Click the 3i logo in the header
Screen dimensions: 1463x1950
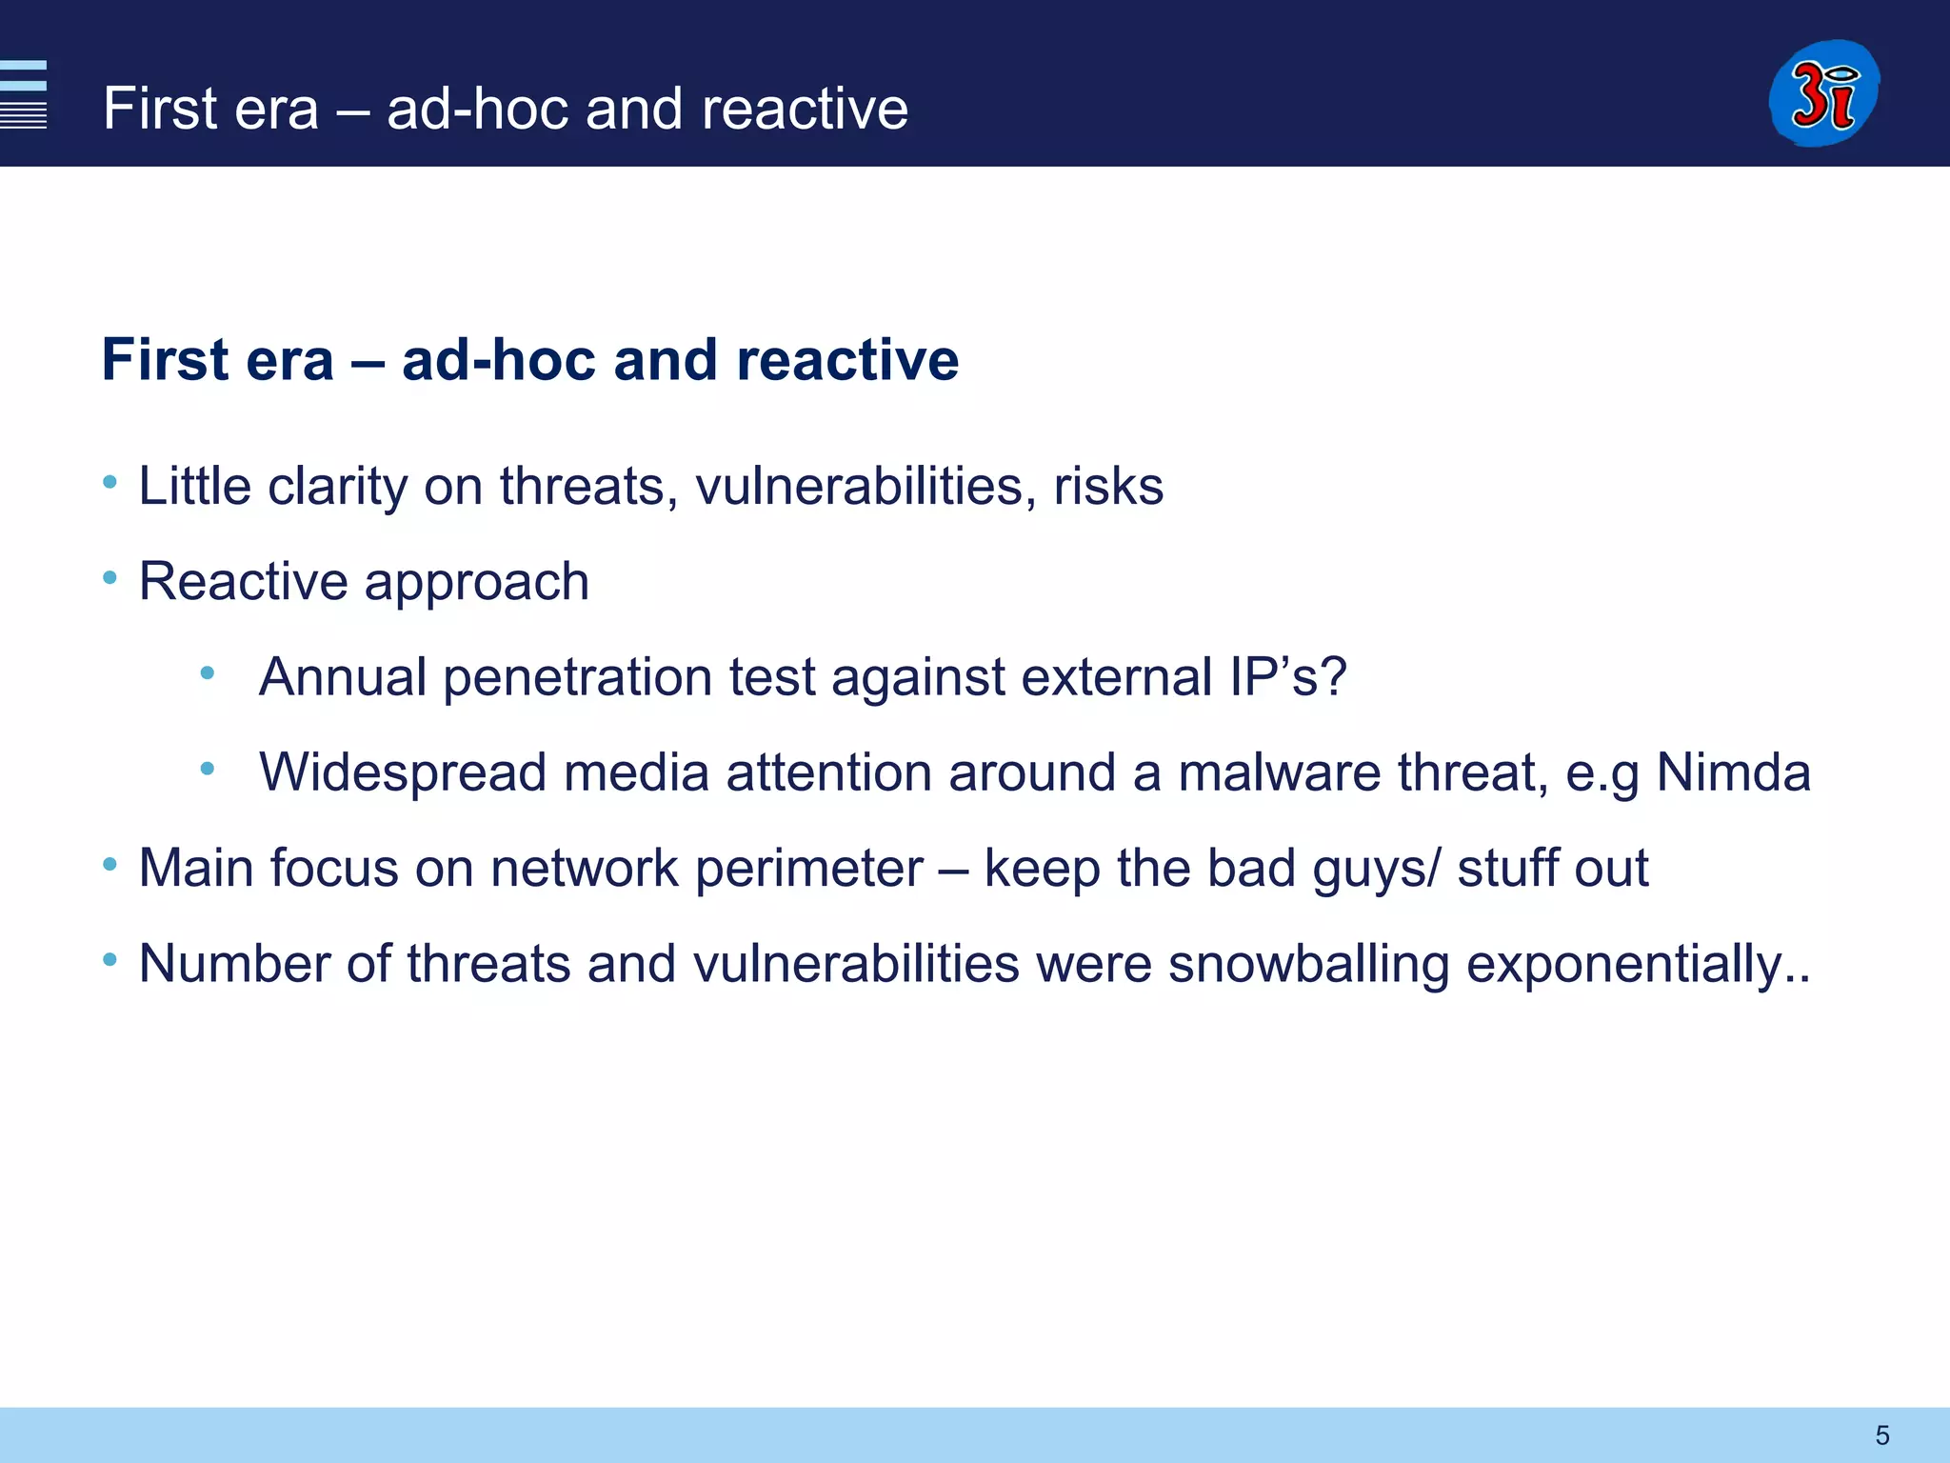[1823, 93]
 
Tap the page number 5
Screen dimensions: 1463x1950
[1881, 1435]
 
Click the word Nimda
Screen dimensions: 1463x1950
[1733, 772]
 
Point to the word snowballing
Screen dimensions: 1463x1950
[1308, 964]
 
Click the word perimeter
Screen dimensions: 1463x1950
[809, 869]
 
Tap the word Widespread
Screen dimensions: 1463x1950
[403, 772]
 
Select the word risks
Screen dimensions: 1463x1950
[1108, 487]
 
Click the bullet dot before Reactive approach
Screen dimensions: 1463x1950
[110, 578]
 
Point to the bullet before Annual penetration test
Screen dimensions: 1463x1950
[208, 673]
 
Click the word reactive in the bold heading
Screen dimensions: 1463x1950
[847, 360]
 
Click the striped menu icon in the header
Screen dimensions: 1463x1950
[24, 93]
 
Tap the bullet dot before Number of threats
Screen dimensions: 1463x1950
[110, 960]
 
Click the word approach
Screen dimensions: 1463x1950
[477, 583]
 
